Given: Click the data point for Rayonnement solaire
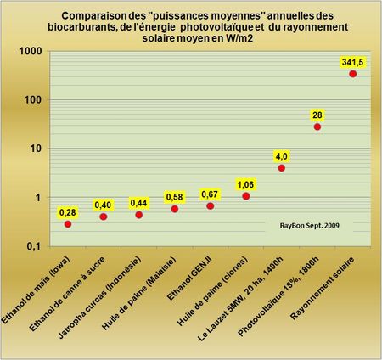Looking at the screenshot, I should coord(353,74).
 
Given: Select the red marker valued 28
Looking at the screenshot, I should coord(317,127).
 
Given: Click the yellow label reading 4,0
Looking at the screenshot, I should coord(282,155).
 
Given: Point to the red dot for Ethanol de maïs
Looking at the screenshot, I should coord(68,224).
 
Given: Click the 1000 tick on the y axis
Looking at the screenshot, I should coord(31,52).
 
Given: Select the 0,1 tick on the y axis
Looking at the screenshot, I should coord(33,246).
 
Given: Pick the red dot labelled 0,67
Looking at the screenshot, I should coord(211,205).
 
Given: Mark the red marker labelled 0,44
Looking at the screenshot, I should coord(139,215).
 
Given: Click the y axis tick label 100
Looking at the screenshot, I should coord(33,100).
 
